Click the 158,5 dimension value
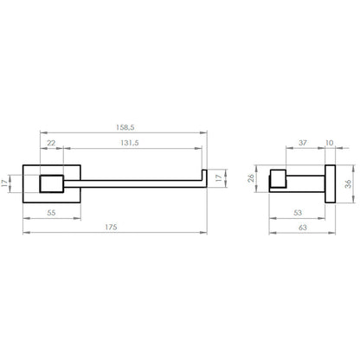coord(125,127)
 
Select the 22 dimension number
coord(51,143)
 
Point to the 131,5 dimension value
coord(130,143)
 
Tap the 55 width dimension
coord(51,213)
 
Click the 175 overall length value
coord(111,228)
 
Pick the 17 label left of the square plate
coord(4,183)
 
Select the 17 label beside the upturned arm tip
coord(220,178)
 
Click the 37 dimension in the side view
coord(303,143)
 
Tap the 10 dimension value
coord(329,143)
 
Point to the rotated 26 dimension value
coord(251,178)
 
